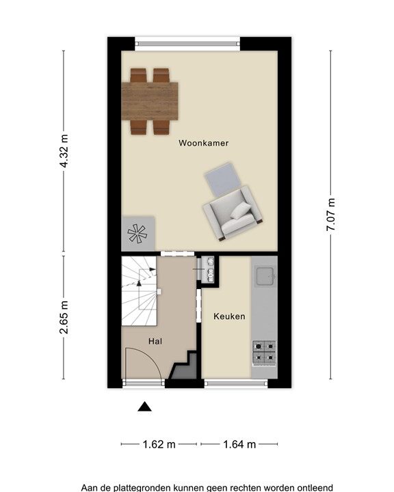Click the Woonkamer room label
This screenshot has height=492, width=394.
pos(203,143)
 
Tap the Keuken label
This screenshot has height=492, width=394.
pos(229,316)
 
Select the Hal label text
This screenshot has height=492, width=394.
pos(155,341)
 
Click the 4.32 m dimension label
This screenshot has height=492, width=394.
pos(64,150)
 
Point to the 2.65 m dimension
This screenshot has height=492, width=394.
pos(64,317)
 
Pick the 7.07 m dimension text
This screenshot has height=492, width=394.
pos(331,215)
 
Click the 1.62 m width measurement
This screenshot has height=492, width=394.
pos(159,444)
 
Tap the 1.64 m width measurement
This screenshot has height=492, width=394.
pos(239,444)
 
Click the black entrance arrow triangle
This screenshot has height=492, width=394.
pos(144,407)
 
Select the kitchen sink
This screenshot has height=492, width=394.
pos(265,276)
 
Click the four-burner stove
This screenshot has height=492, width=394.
pos(264,353)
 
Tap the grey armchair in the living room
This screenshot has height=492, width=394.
pos(233,213)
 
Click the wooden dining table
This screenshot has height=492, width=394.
pos(150,101)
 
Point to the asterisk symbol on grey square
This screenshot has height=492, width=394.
pos(137,234)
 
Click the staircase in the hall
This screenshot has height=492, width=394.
pos(139,291)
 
